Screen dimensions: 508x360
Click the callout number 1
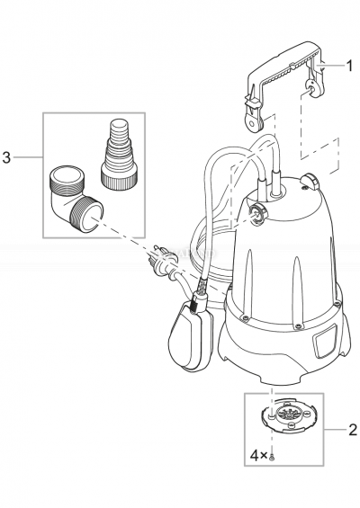350,64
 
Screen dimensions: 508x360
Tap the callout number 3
7,158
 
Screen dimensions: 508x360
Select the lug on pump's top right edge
311,183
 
